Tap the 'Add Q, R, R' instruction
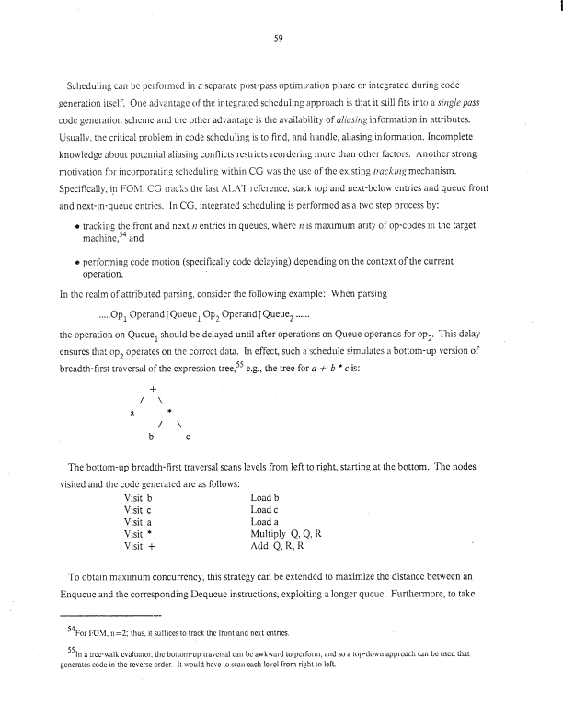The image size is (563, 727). [x=280, y=545]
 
